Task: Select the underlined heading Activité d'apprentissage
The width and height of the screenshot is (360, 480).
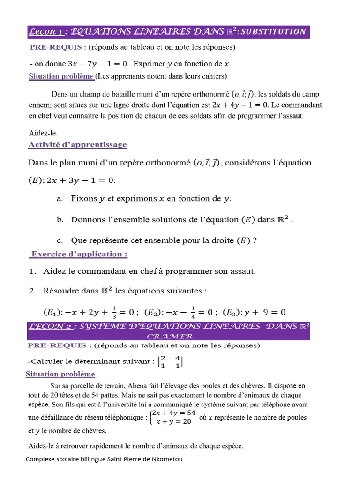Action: pyautogui.click(x=77, y=144)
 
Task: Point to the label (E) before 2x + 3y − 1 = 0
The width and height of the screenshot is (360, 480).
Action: pyautogui.click(x=37, y=180)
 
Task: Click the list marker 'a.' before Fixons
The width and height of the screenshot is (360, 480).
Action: pyautogui.click(x=60, y=199)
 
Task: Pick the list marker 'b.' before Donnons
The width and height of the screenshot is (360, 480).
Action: pyautogui.click(x=60, y=219)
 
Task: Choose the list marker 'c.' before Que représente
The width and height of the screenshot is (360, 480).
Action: pyautogui.click(x=60, y=240)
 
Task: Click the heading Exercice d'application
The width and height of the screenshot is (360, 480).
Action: pyautogui.click(x=78, y=254)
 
